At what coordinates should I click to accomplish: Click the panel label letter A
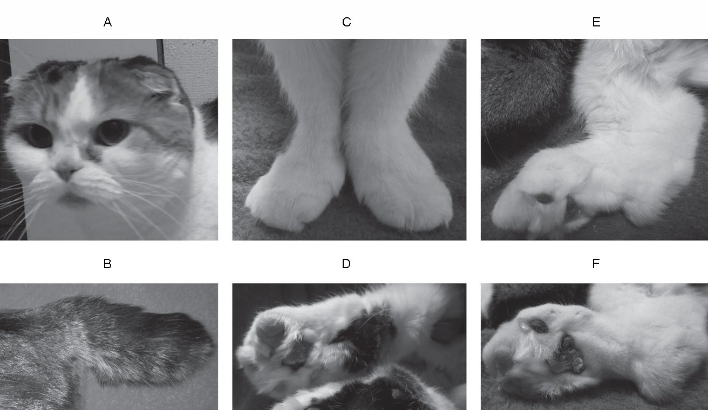(x=107, y=22)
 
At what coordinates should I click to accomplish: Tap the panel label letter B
(x=107, y=263)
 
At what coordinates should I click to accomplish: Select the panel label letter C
(x=346, y=22)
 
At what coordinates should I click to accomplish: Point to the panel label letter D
(x=346, y=263)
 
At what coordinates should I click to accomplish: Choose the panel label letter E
(x=596, y=22)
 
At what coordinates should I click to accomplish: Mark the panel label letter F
(x=596, y=263)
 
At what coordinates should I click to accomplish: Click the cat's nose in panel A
(x=66, y=172)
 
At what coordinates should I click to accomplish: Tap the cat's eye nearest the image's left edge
(x=38, y=136)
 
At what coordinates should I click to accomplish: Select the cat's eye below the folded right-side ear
(x=112, y=132)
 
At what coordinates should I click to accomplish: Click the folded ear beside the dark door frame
(x=152, y=79)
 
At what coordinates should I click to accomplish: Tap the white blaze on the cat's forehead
(x=80, y=98)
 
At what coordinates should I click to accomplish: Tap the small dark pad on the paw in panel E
(x=544, y=199)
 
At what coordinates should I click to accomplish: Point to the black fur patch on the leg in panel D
(x=366, y=338)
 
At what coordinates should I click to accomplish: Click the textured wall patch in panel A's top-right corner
(x=190, y=71)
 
